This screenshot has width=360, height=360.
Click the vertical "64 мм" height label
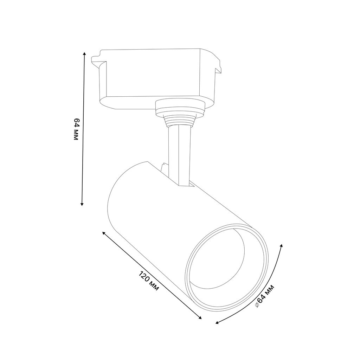point(76,129)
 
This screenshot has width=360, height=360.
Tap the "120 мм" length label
point(149,281)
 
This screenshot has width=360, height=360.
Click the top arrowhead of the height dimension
point(84,54)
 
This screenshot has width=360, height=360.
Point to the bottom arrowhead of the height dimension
point(82,204)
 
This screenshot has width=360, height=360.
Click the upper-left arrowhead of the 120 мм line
point(104,233)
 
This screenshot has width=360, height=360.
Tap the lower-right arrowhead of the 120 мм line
point(200,318)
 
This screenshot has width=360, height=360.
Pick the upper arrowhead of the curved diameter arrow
point(282,246)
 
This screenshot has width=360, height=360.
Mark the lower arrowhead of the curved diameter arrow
point(217,323)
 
